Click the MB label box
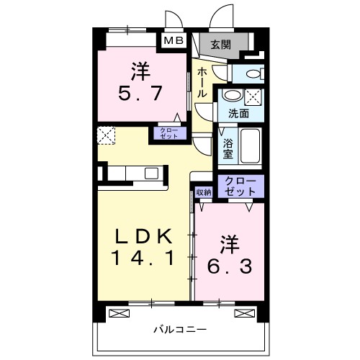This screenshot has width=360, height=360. pos(174,42)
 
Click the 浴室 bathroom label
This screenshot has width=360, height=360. pos(226,147)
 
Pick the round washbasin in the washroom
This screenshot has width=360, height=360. pos(232,96)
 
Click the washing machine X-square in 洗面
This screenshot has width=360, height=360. pos(253,96)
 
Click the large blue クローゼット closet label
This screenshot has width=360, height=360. pos(240,186)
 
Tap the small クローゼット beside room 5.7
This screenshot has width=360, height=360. pos(167,132)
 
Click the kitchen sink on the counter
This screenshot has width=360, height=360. pos(153,173)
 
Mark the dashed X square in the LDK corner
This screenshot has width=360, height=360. pos(106,134)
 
